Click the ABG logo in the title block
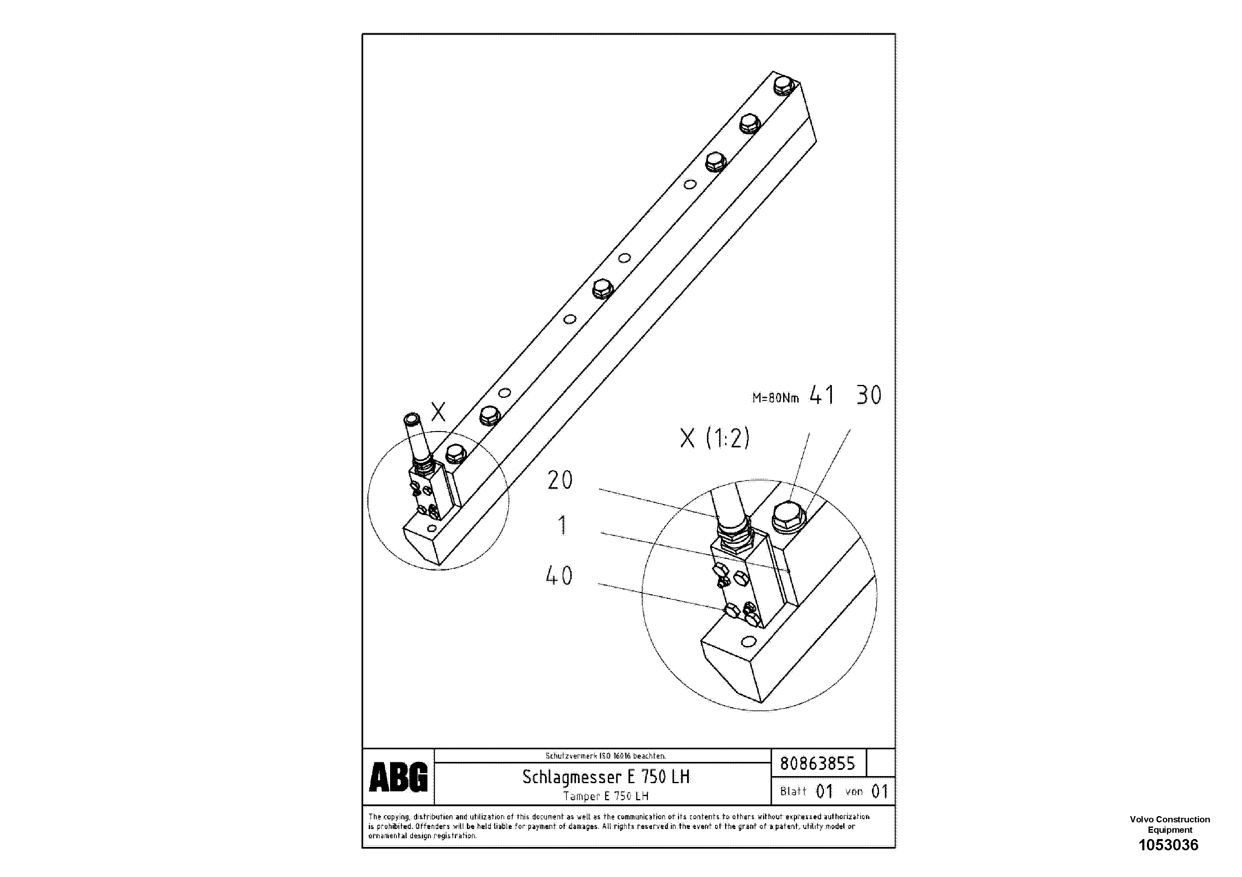click(x=398, y=777)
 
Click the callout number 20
click(x=559, y=480)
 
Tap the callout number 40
click(x=559, y=576)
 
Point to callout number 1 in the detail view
click(x=562, y=525)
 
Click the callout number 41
click(x=822, y=395)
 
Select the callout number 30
click(x=869, y=395)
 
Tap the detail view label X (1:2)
click(x=715, y=438)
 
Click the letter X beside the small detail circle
click(x=438, y=412)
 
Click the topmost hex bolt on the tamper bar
click(x=783, y=85)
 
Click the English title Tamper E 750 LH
click(x=605, y=796)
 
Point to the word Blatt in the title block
click(x=793, y=792)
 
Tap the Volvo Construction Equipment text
click(x=1169, y=824)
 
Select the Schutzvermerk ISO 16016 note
click(x=605, y=756)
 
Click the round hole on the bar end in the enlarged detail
click(x=748, y=642)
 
